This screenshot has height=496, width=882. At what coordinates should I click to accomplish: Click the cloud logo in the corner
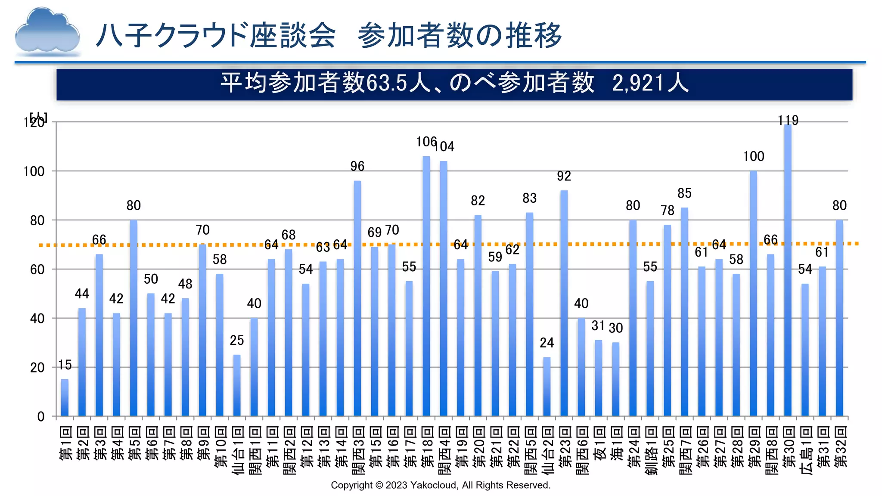click(x=47, y=32)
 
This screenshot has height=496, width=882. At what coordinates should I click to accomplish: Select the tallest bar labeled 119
click(x=788, y=271)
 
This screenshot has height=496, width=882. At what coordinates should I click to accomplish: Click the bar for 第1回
click(x=65, y=398)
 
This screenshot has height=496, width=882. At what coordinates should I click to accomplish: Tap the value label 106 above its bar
click(x=426, y=142)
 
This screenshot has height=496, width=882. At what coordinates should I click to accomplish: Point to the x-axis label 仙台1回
click(x=237, y=450)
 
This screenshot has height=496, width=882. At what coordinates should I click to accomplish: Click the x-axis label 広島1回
click(x=805, y=450)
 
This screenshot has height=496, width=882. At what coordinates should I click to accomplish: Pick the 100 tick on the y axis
click(x=34, y=171)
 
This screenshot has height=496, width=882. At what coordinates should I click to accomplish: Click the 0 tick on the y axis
click(x=41, y=416)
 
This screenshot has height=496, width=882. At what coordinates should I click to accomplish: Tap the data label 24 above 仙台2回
click(x=547, y=343)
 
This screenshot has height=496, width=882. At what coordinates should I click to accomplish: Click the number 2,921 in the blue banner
click(x=637, y=83)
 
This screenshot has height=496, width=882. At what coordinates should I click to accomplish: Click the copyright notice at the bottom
click(x=441, y=485)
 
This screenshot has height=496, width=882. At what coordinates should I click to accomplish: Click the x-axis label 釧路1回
click(x=650, y=450)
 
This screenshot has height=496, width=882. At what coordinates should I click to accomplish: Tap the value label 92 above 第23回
click(x=564, y=176)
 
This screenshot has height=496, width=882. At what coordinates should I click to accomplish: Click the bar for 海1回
click(x=616, y=379)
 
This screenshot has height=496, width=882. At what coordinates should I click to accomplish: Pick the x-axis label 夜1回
click(x=599, y=443)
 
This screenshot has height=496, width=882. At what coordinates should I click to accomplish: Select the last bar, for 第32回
click(x=839, y=318)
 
